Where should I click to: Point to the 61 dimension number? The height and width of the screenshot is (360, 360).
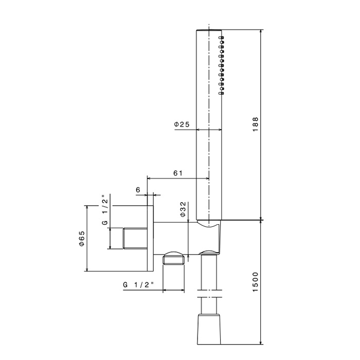tap(178, 173)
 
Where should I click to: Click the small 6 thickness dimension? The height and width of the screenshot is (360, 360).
tap(138, 190)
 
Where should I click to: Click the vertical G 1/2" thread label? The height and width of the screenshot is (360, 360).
tap(104, 211)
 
